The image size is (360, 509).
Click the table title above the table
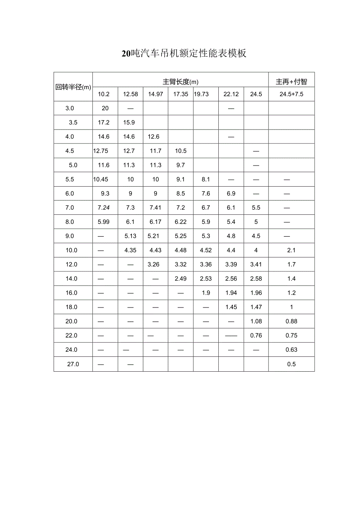pyautogui.click(x=184, y=54)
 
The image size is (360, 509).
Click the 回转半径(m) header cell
pyautogui.click(x=73, y=87)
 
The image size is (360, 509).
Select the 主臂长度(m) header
pyautogui.click(x=180, y=82)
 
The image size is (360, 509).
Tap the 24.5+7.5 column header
pyautogui.click(x=292, y=94)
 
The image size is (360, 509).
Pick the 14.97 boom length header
pyautogui.click(x=155, y=94)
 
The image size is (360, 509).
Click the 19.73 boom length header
pyautogui.click(x=201, y=94)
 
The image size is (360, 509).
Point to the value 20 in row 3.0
pyautogui.click(x=105, y=108)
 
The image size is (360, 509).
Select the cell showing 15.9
pyautogui.click(x=129, y=122)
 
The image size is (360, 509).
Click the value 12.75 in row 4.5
pyautogui.click(x=101, y=151)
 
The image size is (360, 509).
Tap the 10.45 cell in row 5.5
pyautogui.click(x=101, y=179)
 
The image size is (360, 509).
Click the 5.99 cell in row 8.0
pyautogui.click(x=104, y=222)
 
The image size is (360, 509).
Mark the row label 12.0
pyautogui.click(x=72, y=264)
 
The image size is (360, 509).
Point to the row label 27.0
pyautogui.click(x=73, y=364)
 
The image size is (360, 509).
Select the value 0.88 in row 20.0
pyautogui.click(x=292, y=321)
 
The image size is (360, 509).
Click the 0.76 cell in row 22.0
pyautogui.click(x=256, y=335)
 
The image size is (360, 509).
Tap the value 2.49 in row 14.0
pyautogui.click(x=180, y=279)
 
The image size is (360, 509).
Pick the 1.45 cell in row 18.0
pyautogui.click(x=231, y=307)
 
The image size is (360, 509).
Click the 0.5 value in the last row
pyautogui.click(x=292, y=364)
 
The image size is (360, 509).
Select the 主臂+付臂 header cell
pyautogui.click(x=292, y=82)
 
